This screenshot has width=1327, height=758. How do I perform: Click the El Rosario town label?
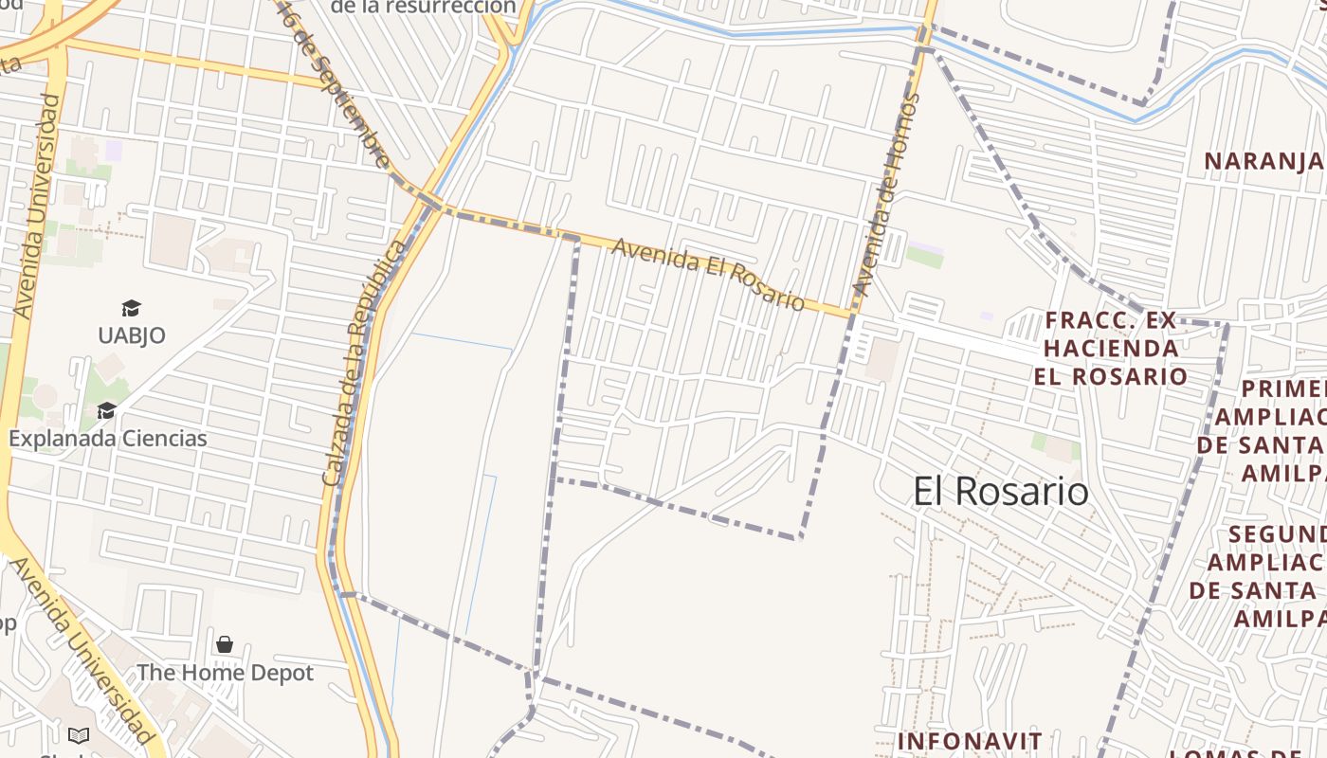pyautogui.click(x=1001, y=492)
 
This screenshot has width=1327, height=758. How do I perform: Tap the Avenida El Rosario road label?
pyautogui.click(x=708, y=274)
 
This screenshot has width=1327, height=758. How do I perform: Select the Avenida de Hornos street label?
pyautogui.click(x=886, y=194)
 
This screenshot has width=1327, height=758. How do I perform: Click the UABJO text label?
pyautogui.click(x=132, y=335)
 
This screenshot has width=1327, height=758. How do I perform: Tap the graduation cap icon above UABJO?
pyautogui.click(x=131, y=308)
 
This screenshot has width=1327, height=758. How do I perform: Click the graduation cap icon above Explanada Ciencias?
pyautogui.click(x=106, y=410)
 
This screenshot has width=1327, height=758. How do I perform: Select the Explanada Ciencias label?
pyautogui.click(x=108, y=439)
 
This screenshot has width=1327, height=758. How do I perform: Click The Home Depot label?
pyautogui.click(x=225, y=673)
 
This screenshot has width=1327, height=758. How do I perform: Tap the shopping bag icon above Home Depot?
pyautogui.click(x=225, y=644)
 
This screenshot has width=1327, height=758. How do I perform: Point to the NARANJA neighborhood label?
pyautogui.click(x=1263, y=161)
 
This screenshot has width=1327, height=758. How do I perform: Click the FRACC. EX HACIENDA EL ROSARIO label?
pyautogui.click(x=1111, y=348)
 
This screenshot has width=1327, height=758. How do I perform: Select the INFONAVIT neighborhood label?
pyautogui.click(x=970, y=740)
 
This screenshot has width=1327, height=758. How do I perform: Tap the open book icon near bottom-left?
pyautogui.click(x=79, y=735)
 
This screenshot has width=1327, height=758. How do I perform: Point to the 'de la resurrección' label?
pyautogui.click(x=423, y=8)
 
